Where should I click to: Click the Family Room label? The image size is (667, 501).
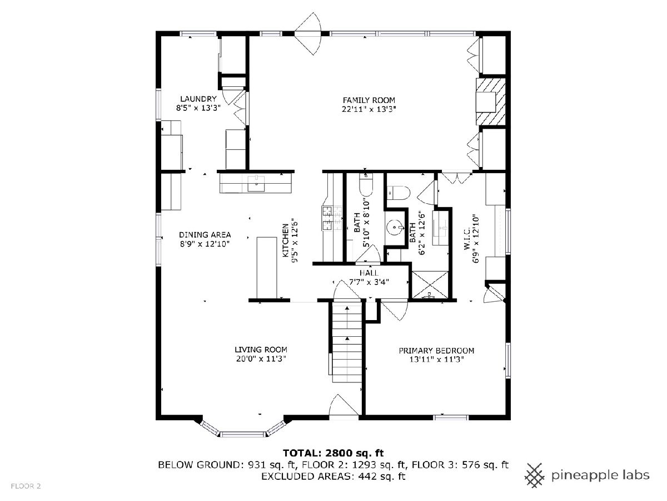point(369,100)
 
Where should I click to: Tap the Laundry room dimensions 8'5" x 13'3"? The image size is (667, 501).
point(198,108)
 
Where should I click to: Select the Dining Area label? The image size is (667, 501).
point(205,235)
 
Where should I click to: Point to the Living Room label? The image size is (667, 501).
point(261,350)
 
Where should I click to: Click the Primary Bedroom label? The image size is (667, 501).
point(436,351)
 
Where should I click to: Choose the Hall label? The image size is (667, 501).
point(369,273)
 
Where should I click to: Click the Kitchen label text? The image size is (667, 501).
point(286,240)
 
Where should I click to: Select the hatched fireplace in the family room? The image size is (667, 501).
point(490,102)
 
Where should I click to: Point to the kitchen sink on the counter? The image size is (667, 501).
point(256,184)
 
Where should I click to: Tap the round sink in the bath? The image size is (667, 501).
point(395,227)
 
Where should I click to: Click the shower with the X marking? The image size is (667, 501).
point(430,284)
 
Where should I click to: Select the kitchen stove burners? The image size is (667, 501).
point(332,218)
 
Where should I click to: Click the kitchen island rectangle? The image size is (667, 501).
point(267,268)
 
